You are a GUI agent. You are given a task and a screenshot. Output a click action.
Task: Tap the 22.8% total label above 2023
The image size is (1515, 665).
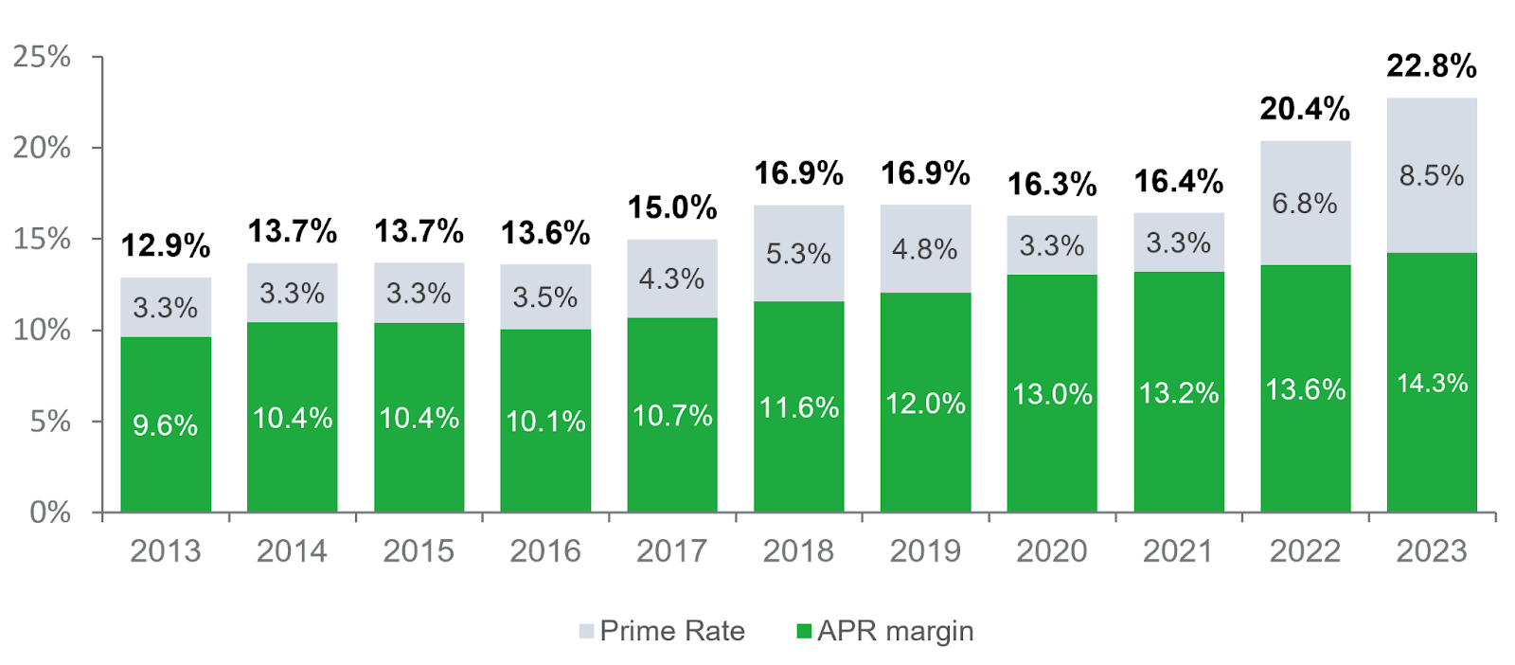(1431, 66)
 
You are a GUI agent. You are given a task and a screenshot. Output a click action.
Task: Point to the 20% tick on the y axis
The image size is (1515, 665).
(42, 148)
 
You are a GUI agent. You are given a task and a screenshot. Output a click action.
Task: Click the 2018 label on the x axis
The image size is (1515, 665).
(798, 550)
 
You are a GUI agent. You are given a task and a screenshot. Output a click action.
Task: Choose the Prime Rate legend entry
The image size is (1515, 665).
(663, 631)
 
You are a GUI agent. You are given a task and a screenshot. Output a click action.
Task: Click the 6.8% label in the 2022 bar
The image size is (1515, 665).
(1304, 204)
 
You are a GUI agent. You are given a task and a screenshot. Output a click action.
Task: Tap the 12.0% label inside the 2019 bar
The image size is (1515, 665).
(925, 404)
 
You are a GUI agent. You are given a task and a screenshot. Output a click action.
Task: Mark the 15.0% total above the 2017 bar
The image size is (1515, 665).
(672, 207)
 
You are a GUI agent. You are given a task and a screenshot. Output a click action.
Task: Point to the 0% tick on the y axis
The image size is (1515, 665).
(49, 512)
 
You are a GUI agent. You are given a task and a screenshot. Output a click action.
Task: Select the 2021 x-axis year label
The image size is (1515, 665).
(1178, 550)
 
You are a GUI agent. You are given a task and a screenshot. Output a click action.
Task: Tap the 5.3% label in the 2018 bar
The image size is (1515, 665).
(798, 254)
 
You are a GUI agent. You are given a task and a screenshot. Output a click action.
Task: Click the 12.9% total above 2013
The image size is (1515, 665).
(166, 246)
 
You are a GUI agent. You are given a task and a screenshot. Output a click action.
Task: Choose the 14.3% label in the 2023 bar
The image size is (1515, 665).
(1431, 384)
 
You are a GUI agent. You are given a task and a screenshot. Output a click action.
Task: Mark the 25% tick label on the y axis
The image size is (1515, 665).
(42, 57)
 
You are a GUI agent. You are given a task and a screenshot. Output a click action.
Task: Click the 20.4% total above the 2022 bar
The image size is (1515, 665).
(1304, 110)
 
